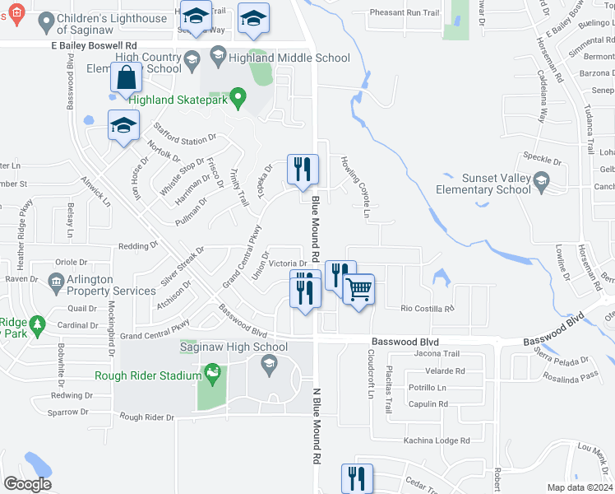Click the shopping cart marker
pyautogui.click(x=358, y=290)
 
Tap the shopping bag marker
pyautogui.click(x=127, y=78)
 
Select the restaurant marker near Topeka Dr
pyautogui.click(x=303, y=169)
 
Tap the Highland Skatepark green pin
pyautogui.click(x=238, y=100)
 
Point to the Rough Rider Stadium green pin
pyautogui.click(x=214, y=374)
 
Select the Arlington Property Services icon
pyautogui.click(x=56, y=284)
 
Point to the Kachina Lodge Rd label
pyautogui.click(x=436, y=440)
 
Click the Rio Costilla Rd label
pyautogui.click(x=427, y=309)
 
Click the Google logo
pyautogui.click(x=27, y=484)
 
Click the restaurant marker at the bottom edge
pyautogui.click(x=357, y=478)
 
